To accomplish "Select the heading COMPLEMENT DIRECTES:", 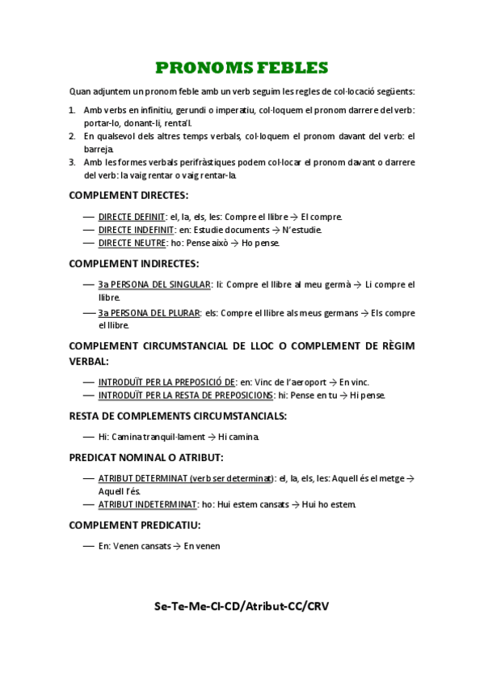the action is coord(128,195).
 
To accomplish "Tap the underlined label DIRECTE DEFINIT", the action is coord(132,217).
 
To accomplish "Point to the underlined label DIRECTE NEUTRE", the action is coord(132,243).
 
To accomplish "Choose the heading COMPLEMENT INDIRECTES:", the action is coord(133,264).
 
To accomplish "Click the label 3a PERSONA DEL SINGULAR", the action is coord(154,285).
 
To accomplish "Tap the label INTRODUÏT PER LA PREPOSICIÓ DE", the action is coord(166,382).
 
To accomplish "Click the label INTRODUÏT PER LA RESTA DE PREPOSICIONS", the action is coord(185,395).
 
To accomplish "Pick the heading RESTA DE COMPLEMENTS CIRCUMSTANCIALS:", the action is coord(178,416).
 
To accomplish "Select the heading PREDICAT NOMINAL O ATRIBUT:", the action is coord(146,457).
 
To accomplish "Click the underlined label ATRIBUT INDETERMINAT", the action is coord(147,504).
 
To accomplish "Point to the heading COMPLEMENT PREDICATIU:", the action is coord(135,525).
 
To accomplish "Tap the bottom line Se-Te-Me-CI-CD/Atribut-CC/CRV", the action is coord(242,606).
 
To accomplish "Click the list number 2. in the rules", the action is coord(72,136).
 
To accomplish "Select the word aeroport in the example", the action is coord(307,382).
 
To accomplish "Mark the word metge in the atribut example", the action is coord(387,478).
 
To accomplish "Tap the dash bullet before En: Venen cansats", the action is coord(88,546).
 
